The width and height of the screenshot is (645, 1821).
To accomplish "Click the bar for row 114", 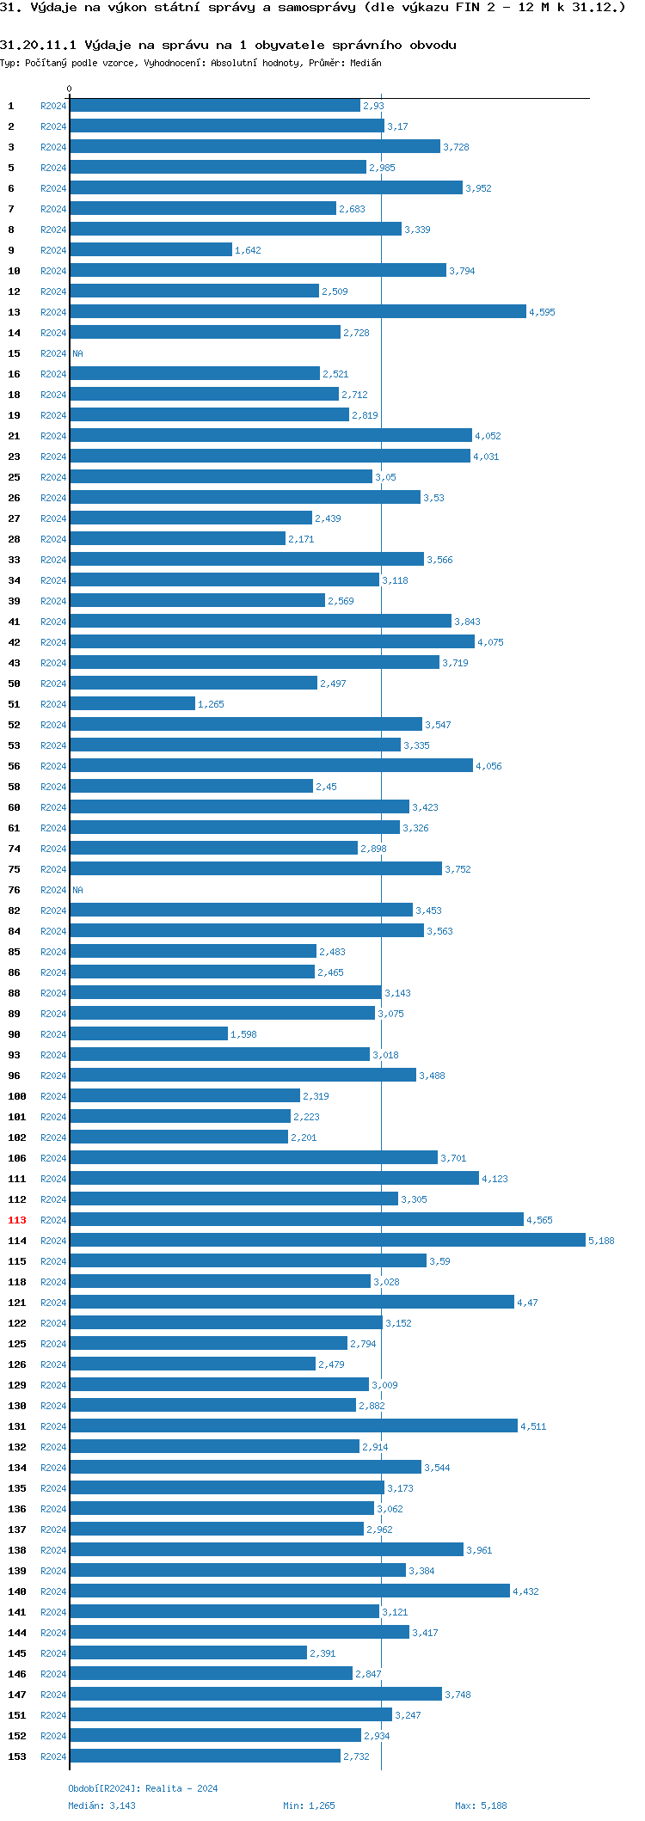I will click(327, 1240).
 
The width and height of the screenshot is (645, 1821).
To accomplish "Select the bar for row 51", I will click(132, 703).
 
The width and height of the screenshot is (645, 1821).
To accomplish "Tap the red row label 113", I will click(17, 1220).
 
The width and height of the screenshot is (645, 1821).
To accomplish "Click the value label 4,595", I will click(542, 312).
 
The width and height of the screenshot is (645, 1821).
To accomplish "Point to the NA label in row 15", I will click(77, 353).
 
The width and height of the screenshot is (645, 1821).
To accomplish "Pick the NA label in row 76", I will click(77, 890).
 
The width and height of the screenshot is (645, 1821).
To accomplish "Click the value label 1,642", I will click(248, 250).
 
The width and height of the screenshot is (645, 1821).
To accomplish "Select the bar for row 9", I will click(150, 249).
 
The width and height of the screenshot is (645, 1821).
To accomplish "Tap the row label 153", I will click(17, 1757).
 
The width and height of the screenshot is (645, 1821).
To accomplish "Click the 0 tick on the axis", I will click(70, 89).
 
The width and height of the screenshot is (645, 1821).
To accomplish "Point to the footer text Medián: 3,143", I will click(101, 1806).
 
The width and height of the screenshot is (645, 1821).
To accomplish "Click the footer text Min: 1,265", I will click(309, 1806).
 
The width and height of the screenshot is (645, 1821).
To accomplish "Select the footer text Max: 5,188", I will click(481, 1806).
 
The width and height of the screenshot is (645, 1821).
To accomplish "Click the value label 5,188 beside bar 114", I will click(601, 1241).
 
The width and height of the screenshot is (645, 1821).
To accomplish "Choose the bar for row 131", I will click(293, 1426).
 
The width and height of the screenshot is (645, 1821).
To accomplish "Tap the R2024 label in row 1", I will click(53, 106).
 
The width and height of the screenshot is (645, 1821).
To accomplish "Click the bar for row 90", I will click(149, 1033).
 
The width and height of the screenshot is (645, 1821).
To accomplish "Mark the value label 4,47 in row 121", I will click(527, 1303).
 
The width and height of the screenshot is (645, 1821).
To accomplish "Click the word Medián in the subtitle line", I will click(365, 63).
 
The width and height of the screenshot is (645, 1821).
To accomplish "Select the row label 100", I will click(17, 1096).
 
